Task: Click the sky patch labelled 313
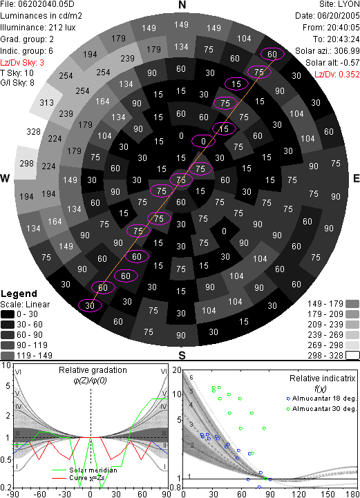point(46,103)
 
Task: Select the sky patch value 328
point(33,131)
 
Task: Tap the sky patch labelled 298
point(26,163)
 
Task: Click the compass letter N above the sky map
point(182,5)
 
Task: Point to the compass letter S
point(182,355)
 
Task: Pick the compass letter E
point(356,178)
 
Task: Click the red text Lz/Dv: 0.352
point(337,75)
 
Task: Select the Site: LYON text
point(339,4)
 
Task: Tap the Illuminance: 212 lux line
point(38,28)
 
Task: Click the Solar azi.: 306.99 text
point(328,51)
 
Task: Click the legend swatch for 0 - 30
point(8,314)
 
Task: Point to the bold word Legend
point(19,294)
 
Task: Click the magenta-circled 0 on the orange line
point(203,141)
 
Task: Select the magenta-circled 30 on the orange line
point(90,305)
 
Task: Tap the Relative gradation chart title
point(93,370)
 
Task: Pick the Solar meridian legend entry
point(84,470)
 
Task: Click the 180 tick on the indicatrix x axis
point(352,494)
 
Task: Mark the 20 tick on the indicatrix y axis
point(177,370)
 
